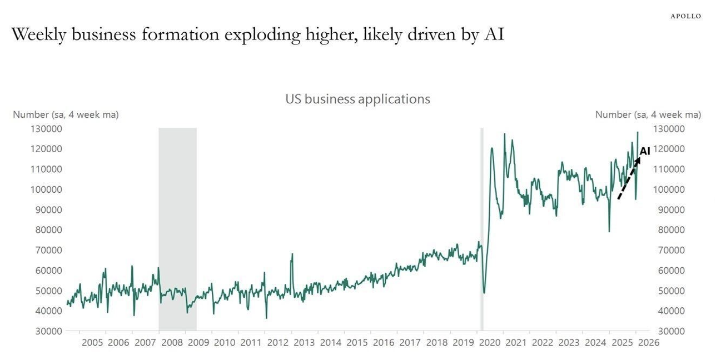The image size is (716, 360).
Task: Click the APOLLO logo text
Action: click(685, 16)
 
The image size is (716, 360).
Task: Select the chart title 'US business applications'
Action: click(357, 99)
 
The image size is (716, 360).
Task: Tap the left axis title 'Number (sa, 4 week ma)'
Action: click(66, 114)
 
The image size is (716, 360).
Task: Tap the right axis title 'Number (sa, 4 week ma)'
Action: click(648, 114)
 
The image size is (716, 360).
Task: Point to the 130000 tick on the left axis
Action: click(45, 129)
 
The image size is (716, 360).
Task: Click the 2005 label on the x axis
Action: click(92, 342)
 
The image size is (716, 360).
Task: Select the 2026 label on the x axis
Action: click(648, 342)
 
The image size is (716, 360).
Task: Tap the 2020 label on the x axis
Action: click(489, 342)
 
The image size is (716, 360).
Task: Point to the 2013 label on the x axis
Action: click(304, 342)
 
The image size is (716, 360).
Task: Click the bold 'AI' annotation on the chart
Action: click(645, 151)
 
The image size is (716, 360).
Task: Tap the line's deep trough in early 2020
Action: click(484, 292)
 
